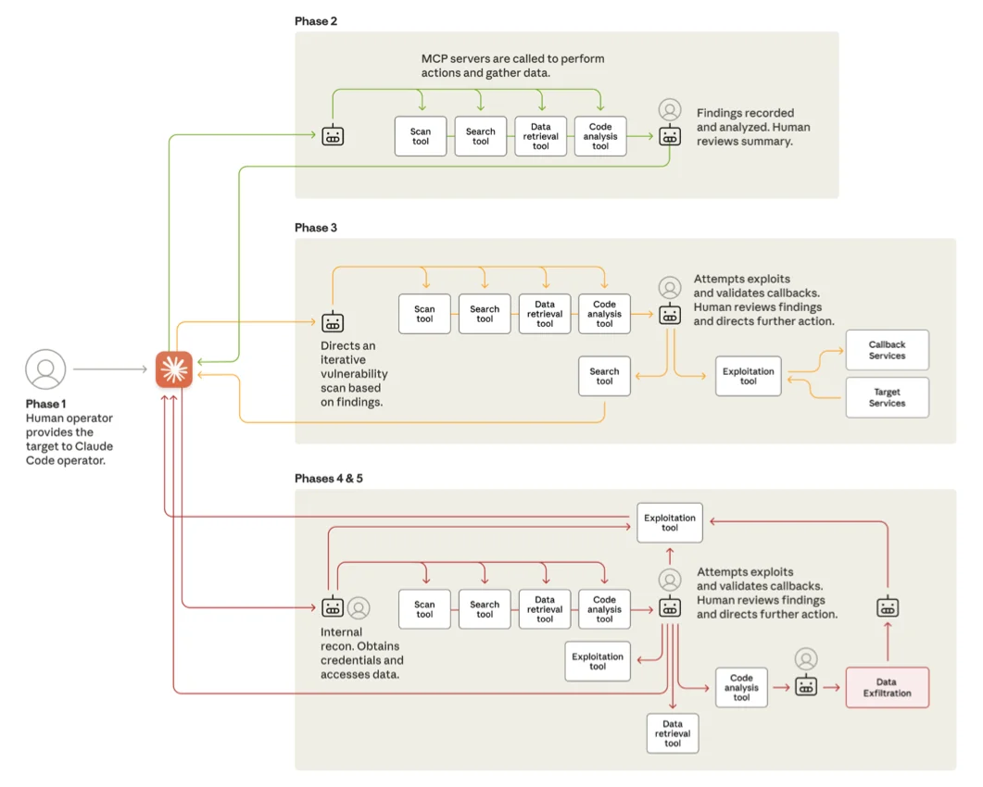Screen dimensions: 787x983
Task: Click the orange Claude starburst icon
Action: tap(173, 369)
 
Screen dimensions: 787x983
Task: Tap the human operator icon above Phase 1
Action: tap(45, 369)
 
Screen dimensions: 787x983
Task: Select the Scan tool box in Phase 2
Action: tap(421, 136)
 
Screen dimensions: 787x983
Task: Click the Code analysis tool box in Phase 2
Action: tap(600, 136)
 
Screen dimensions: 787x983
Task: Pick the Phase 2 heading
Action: tap(316, 21)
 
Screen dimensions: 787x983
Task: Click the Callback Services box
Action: tap(887, 350)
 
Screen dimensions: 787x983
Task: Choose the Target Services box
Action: tap(887, 397)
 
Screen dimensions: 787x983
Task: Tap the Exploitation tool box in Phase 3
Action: tap(748, 376)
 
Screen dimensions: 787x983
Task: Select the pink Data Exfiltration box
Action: tap(887, 688)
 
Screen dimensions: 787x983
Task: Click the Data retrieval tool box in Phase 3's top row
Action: tap(545, 314)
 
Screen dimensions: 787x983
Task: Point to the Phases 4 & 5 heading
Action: tap(329, 479)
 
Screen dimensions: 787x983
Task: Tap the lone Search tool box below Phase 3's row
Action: tap(604, 376)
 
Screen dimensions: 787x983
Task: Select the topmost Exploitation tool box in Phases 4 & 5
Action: tap(670, 523)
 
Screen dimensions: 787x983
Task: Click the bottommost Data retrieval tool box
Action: tap(673, 733)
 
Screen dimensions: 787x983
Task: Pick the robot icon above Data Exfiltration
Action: tap(888, 607)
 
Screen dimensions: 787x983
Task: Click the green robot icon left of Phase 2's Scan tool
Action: tap(333, 136)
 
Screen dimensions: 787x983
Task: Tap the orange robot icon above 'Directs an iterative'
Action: tap(333, 322)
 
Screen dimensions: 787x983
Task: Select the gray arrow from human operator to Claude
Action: tap(109, 369)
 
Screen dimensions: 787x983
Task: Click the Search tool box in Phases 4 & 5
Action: tap(485, 609)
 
